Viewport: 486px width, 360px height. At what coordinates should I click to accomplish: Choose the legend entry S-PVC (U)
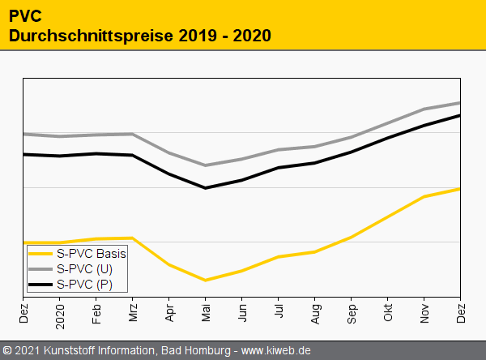pos(84,269)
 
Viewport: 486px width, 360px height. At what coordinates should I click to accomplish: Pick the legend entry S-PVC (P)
pos(84,284)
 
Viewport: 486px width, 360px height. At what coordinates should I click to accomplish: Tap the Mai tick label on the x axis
pos(206,312)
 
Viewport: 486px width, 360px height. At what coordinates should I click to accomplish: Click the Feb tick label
pos(96,312)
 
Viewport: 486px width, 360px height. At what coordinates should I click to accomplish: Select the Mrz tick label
pos(133,312)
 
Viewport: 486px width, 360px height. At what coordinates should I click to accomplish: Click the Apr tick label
pos(169,312)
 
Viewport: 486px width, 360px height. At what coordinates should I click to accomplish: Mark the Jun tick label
pos(242,312)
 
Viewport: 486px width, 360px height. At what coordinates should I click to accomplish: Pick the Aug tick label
pos(315,312)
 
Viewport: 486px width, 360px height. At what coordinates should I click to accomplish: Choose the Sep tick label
pos(352,312)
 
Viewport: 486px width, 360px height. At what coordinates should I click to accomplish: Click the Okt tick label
pos(388,312)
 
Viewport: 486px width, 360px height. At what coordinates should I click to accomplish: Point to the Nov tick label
pos(424,312)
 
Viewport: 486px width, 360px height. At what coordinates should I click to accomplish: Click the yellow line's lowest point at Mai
pos(206,281)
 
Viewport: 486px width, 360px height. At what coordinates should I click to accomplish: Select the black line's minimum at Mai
pos(206,188)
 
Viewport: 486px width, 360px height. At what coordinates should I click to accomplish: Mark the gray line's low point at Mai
pos(206,165)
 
